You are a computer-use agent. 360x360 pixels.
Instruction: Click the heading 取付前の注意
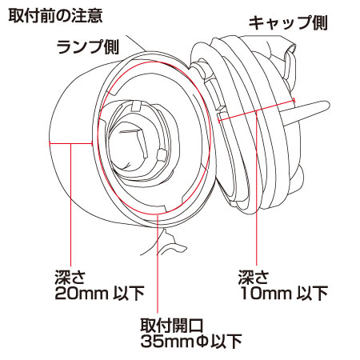[x=55, y=16]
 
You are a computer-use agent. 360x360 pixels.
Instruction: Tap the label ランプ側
[x=88, y=47]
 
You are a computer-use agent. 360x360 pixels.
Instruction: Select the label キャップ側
[x=288, y=22]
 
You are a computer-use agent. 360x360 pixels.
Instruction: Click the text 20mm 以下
[x=99, y=293]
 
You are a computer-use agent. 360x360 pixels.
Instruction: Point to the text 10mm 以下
[x=284, y=293]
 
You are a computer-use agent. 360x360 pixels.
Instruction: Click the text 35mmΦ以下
[x=191, y=341]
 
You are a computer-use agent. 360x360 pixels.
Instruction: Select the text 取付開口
[x=172, y=325]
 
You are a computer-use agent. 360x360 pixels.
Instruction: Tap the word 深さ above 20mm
[x=70, y=278]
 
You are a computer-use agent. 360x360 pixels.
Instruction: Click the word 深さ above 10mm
[x=254, y=278]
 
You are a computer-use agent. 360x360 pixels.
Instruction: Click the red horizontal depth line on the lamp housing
[x=70, y=144]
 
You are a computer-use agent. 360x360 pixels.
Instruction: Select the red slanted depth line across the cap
[x=257, y=110]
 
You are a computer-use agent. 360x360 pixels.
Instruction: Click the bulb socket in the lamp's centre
[x=138, y=142]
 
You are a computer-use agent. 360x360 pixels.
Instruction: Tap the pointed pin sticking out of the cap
[x=306, y=111]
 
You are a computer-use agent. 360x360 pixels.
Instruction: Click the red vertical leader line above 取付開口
[x=158, y=263]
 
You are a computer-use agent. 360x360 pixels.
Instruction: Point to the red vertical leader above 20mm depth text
[x=70, y=205]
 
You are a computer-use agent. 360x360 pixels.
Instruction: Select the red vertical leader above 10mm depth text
[x=257, y=188]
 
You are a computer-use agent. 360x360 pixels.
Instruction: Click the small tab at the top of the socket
[x=137, y=106]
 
